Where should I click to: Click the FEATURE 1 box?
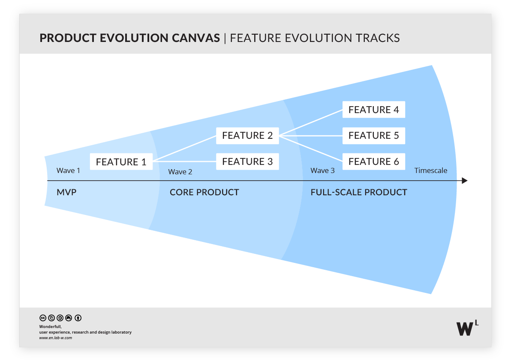point(121,162)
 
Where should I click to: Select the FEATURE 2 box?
point(247,136)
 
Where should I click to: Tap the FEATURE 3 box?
point(247,161)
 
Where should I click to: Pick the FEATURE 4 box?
point(373,110)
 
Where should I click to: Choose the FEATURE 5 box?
point(373,136)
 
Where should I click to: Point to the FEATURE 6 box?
point(373,161)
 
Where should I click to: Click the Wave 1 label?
point(68,170)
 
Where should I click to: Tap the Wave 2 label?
point(180,172)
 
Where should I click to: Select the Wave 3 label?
point(322,170)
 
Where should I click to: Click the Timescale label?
point(430,170)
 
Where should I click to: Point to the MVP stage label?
point(66,192)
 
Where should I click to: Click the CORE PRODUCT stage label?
point(204,192)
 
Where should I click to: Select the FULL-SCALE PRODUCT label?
point(358,192)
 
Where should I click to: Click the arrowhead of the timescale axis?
point(464,181)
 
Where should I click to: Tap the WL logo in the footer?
point(467,328)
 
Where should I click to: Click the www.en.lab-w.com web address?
point(56,338)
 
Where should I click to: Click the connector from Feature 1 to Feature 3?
point(184,161)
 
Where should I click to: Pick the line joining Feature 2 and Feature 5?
point(311,136)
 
